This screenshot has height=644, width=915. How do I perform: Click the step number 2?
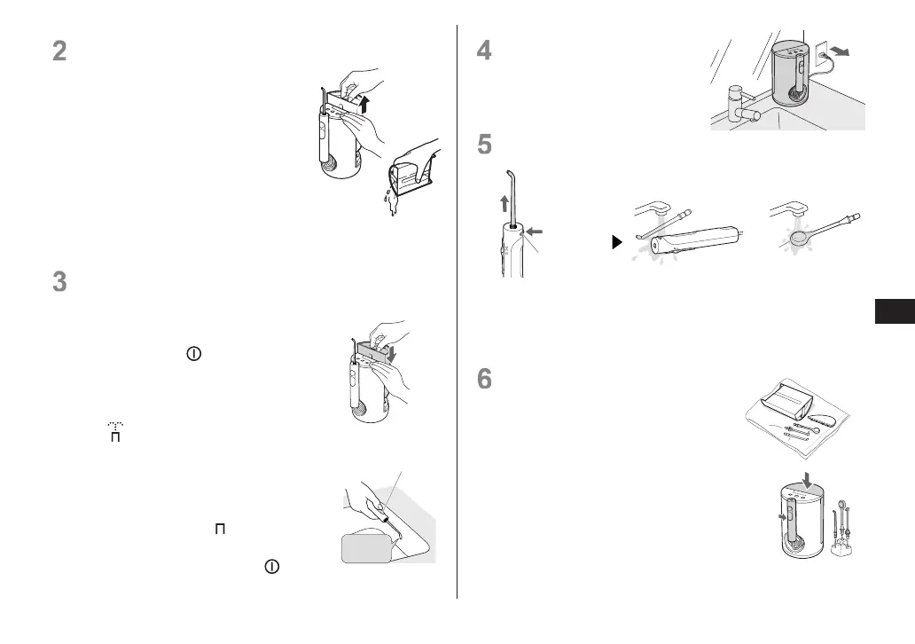[x=59, y=51]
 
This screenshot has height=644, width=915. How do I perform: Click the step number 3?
[x=59, y=282]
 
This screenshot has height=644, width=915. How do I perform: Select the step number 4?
[x=484, y=51]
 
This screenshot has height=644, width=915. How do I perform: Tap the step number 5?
[x=484, y=144]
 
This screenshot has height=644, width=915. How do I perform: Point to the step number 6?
[x=484, y=379]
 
